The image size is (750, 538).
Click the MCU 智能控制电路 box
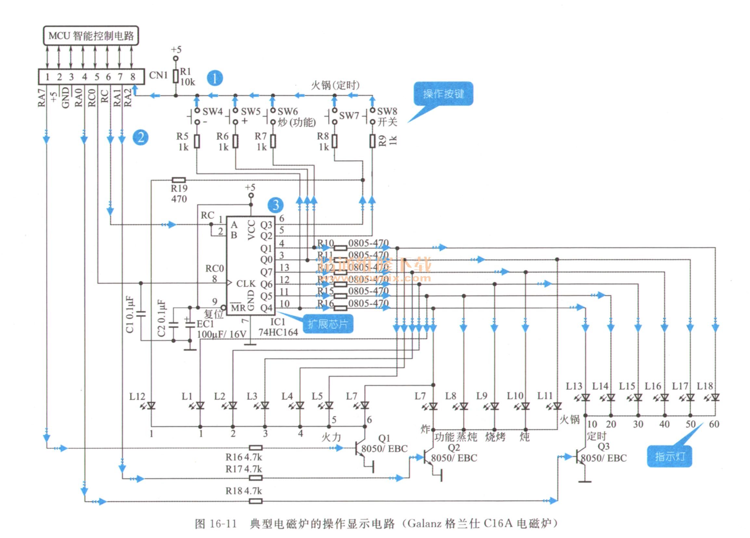point(91,35)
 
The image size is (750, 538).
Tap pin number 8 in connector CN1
point(133,77)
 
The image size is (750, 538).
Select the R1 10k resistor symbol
point(176,76)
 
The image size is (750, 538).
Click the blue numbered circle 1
point(214,78)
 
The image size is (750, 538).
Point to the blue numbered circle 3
point(276,205)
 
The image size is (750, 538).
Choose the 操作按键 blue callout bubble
point(443,94)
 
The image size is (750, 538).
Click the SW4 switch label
point(212,111)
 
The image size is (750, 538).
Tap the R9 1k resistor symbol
point(372,141)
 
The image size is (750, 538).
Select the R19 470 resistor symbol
point(179,180)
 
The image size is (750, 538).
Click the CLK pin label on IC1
point(246,283)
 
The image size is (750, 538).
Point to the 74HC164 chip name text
point(278,332)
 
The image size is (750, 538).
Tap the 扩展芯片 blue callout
point(328,324)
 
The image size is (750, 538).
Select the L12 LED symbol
point(151,405)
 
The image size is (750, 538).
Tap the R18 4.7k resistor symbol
point(256,501)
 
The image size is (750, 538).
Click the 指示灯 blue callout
point(669,457)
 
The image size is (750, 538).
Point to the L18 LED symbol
point(715,397)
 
